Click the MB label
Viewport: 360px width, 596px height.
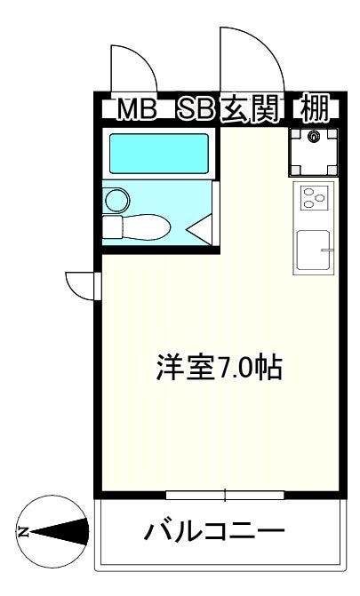137,110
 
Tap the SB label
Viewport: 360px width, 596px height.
196,110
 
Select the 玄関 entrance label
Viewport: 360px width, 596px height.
251,110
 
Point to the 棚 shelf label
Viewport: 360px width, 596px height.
314,109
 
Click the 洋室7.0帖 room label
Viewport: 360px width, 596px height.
220,368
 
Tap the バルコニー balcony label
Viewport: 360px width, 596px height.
214,530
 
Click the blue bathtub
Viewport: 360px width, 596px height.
159,154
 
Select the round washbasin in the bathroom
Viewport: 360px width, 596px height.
117,200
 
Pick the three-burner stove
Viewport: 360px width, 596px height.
315,198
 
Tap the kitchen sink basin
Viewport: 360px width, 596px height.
313,250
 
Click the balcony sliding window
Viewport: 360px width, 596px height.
225,495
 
